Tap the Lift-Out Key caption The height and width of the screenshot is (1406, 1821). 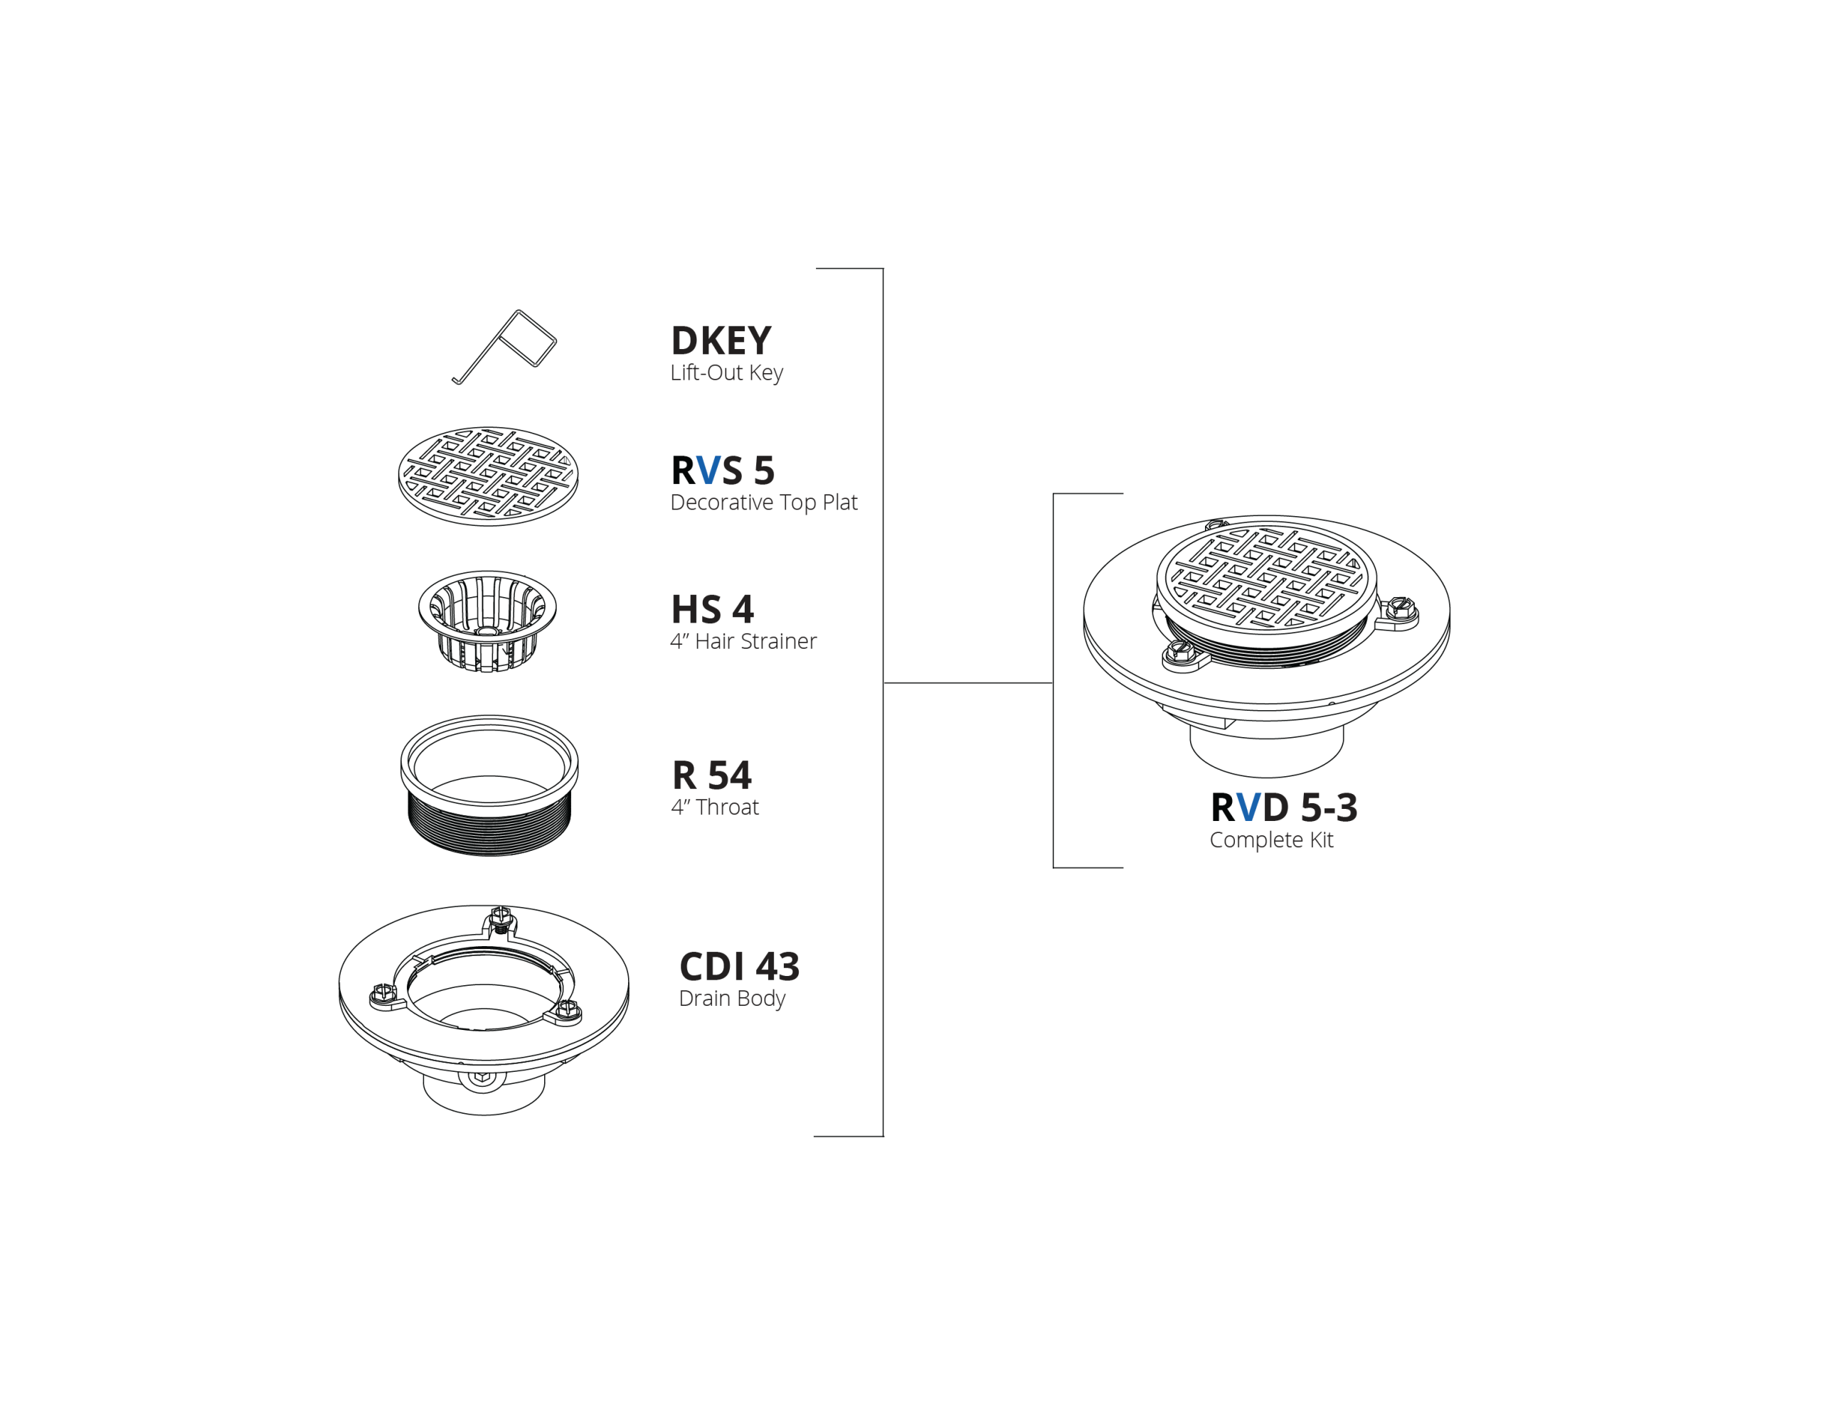coord(726,372)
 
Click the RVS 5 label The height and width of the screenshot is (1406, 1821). coord(723,470)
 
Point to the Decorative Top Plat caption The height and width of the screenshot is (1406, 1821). coord(764,503)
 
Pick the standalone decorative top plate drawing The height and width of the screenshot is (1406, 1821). coord(488,476)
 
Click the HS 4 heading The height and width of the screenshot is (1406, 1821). coord(713,609)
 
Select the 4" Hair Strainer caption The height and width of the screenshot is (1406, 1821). coord(743,641)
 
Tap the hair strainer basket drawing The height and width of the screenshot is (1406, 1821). coord(487,621)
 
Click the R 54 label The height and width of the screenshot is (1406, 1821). coord(712,775)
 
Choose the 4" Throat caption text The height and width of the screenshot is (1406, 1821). coord(715,807)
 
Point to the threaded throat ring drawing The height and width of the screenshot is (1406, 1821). coord(489,785)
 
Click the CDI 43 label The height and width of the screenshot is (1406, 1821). coord(740,967)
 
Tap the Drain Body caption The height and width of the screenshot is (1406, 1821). coord(732,999)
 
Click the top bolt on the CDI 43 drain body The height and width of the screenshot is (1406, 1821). coord(500,918)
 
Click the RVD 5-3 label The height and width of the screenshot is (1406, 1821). coord(1284,807)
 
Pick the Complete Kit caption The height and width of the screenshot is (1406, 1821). coord(1272,840)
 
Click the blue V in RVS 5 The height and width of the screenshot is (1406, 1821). coord(708,470)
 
